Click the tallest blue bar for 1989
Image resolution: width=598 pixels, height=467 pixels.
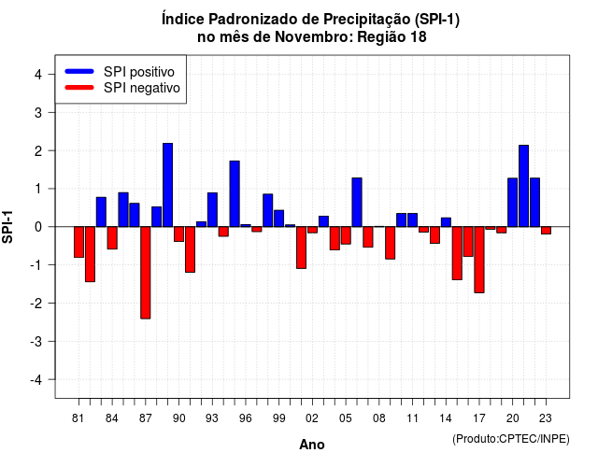(x=168, y=185)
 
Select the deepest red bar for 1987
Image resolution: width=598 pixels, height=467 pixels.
(x=146, y=273)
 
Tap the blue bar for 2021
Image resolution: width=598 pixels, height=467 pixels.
(x=523, y=186)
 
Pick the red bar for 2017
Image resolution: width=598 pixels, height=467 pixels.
(x=479, y=260)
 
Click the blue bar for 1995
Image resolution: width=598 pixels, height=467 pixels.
(x=235, y=193)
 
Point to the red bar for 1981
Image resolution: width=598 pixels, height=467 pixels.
(x=78, y=242)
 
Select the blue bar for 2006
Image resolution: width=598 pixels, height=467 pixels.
(x=357, y=202)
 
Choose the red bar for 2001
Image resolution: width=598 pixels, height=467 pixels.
(x=301, y=248)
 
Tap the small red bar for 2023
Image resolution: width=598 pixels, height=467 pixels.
(x=546, y=231)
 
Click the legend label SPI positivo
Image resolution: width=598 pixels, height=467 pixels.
(x=139, y=72)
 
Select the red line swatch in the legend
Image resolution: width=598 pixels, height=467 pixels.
(x=79, y=87)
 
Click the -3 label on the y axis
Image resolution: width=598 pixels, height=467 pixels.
(x=36, y=341)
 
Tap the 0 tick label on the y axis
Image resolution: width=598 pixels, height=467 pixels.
(x=38, y=227)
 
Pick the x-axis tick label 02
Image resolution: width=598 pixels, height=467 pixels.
(x=312, y=418)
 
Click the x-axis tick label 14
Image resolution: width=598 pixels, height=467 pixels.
(x=446, y=418)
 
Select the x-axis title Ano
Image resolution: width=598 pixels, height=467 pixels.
(x=312, y=445)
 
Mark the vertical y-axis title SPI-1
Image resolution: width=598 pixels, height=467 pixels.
(x=7, y=227)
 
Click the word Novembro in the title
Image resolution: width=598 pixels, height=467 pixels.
(x=314, y=37)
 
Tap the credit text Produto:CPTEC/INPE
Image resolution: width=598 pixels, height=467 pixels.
(x=511, y=439)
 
